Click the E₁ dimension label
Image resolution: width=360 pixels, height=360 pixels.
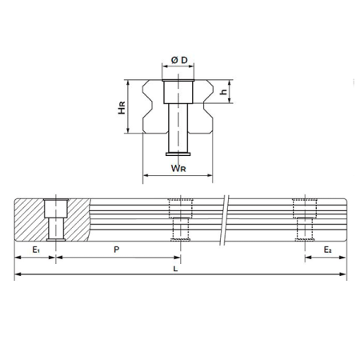[x=35, y=250]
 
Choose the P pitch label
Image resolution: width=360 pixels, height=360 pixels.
[x=118, y=250]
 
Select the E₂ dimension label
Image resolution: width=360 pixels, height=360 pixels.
[x=328, y=250]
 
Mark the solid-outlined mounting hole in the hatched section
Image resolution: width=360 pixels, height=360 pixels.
[x=56, y=221]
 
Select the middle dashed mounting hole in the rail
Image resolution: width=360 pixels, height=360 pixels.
[x=179, y=221]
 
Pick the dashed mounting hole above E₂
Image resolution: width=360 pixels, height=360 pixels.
[x=303, y=221]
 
